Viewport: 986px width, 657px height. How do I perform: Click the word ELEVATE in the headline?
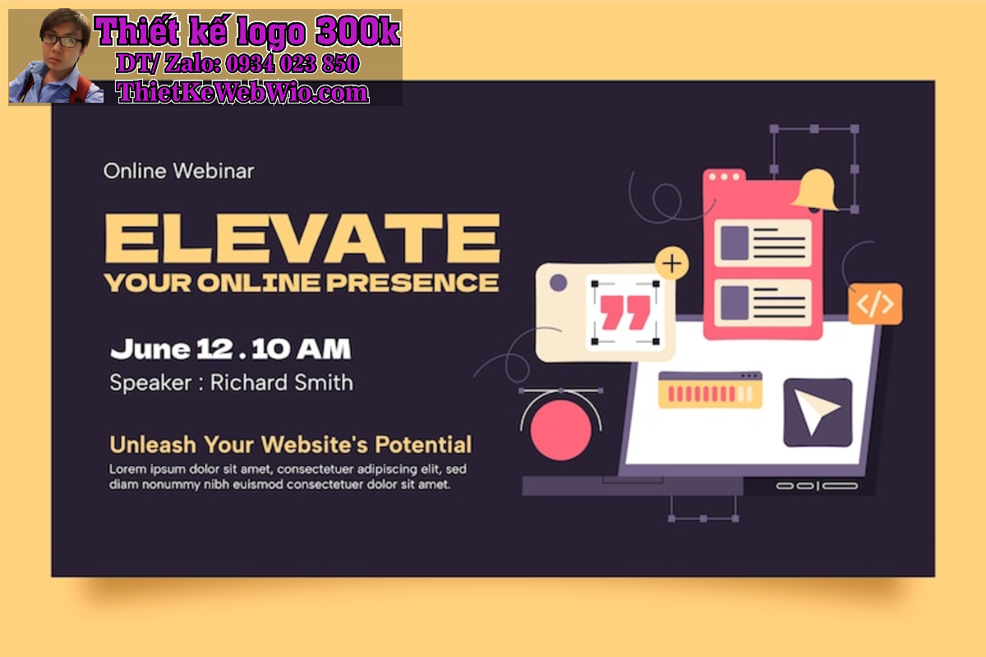302,238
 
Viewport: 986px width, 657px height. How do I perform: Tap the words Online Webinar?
178,171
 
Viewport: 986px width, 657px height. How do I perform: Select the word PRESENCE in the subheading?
412,283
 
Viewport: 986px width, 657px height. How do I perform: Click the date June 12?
172,349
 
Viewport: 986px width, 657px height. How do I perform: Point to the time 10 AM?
302,349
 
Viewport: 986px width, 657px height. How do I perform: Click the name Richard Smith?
282,382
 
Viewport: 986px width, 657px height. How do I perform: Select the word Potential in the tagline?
423,445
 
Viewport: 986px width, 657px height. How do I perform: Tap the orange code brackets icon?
875,304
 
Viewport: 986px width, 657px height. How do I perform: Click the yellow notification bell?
815,190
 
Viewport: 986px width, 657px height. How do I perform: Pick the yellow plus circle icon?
672,264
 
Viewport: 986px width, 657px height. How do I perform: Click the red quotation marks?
625,312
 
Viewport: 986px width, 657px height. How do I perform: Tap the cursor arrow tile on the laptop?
818,413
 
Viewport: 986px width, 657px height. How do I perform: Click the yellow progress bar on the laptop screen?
710,391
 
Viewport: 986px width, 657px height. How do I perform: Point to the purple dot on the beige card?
558,283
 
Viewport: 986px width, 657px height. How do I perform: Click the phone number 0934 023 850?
293,63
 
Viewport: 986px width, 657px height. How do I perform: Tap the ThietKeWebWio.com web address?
242,93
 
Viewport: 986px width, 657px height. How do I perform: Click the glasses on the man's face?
62,41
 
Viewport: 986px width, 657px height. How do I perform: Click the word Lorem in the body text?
127,469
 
